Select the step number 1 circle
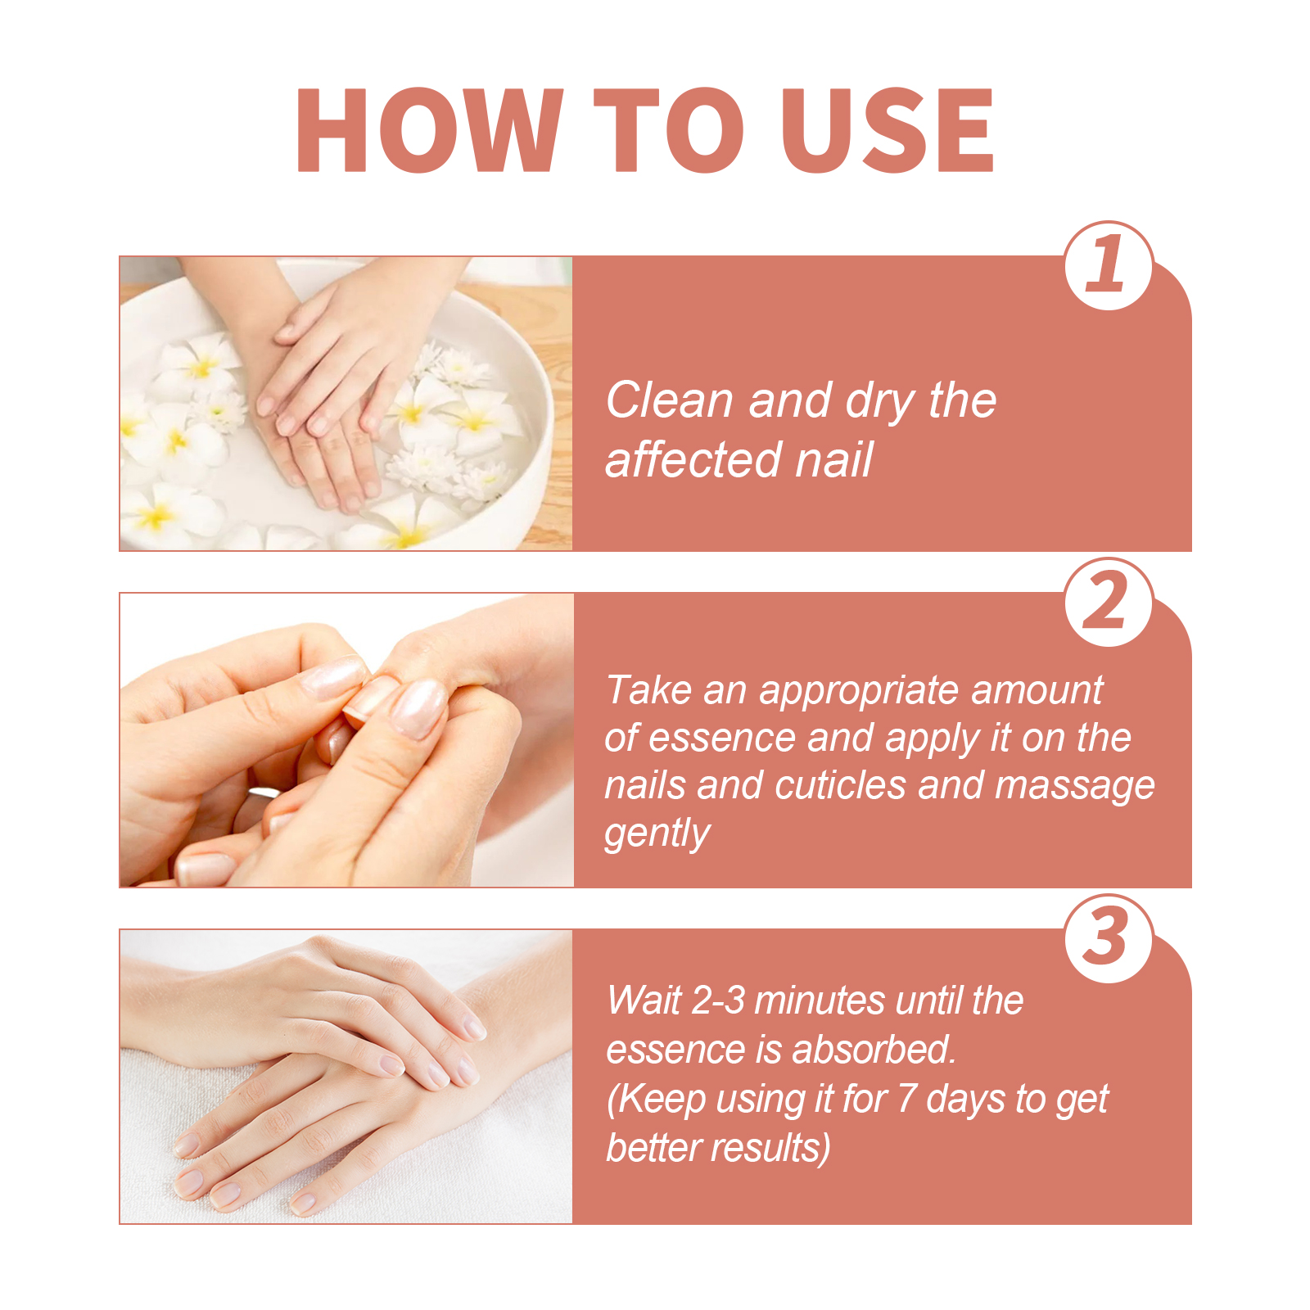(1109, 265)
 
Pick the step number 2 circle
(1109, 602)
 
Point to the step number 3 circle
(1109, 938)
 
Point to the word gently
(657, 834)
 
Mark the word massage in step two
(1074, 787)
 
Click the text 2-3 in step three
(718, 1001)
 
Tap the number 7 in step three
(906, 1099)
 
